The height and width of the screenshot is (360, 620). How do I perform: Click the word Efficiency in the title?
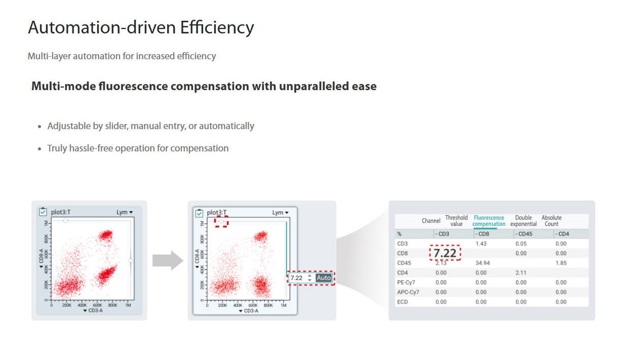(217, 28)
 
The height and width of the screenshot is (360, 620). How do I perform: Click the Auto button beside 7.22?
(324, 277)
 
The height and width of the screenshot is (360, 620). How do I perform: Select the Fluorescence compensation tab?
(489, 221)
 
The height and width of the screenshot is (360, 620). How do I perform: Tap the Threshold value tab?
(456, 221)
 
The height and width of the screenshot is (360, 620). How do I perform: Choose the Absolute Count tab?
(551, 221)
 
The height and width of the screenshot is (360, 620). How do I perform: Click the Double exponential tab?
(523, 221)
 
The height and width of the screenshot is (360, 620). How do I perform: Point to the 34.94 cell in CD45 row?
(482, 263)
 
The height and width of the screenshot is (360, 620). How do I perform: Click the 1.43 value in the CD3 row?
(481, 244)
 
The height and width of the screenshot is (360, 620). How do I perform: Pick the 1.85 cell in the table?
(561, 263)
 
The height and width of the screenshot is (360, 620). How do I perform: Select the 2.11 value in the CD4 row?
(521, 272)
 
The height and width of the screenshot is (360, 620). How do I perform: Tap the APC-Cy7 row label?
(408, 292)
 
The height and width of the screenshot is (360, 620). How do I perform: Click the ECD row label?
(403, 302)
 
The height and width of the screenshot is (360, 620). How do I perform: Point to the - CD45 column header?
(524, 234)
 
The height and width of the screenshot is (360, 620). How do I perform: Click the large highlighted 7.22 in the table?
(445, 253)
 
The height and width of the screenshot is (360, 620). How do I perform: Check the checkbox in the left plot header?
(43, 212)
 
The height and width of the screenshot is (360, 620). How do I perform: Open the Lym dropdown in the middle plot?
(280, 213)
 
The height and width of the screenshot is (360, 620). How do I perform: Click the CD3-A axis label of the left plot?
(93, 310)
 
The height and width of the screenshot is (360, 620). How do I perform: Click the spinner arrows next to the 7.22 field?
(309, 278)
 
